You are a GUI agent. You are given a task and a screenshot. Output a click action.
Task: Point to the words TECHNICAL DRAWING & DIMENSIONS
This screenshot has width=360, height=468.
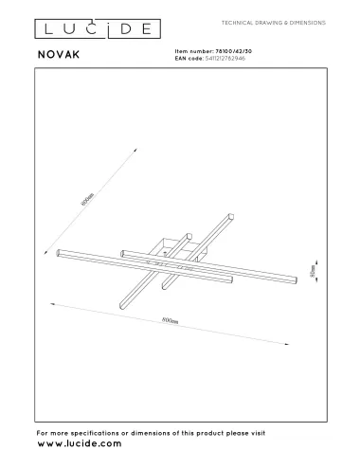pos(273,20)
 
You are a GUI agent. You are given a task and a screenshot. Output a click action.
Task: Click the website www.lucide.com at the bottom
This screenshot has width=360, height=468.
pos(80,442)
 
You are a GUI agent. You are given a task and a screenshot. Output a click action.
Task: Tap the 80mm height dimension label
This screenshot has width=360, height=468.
pos(314,271)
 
